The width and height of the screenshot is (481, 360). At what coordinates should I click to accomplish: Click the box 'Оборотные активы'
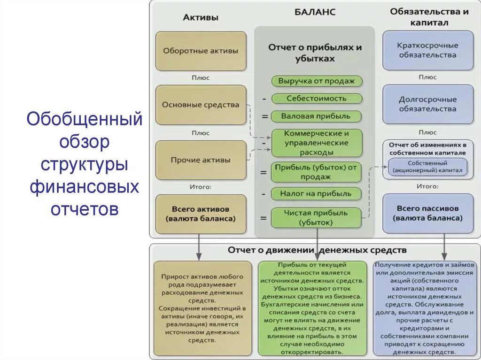[x=201, y=51]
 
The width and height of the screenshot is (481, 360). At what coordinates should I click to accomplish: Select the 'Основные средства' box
[x=201, y=105]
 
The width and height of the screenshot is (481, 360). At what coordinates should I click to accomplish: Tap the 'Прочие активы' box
[x=201, y=160]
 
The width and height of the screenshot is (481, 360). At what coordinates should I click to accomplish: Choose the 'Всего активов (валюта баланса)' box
[x=201, y=214]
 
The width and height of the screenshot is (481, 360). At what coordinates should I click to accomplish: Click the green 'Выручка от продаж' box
[x=317, y=81]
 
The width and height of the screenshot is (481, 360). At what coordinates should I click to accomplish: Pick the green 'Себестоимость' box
[x=317, y=99]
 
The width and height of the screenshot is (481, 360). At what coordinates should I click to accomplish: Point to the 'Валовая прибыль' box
[x=317, y=116]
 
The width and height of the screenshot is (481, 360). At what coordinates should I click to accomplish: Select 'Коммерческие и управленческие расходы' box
[x=317, y=143]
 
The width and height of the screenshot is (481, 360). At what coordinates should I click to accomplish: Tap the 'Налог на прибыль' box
[x=317, y=193]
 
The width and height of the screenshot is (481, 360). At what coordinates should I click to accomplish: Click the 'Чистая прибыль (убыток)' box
[x=317, y=218]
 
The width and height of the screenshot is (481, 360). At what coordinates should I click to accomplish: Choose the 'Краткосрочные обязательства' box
[x=427, y=50]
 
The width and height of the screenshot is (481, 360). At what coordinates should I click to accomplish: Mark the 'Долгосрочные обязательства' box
[x=427, y=104]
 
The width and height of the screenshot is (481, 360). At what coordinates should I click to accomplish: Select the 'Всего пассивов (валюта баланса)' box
[x=427, y=214]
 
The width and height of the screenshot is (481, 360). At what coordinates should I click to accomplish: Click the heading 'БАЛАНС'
[x=315, y=12]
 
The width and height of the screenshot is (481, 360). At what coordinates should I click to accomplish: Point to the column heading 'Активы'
[x=200, y=18]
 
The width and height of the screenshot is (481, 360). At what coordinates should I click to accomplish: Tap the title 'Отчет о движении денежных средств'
[x=317, y=250]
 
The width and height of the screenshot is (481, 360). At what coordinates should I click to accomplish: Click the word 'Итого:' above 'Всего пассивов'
[x=427, y=186]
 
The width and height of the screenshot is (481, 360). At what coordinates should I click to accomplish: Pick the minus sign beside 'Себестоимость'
[x=264, y=99]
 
